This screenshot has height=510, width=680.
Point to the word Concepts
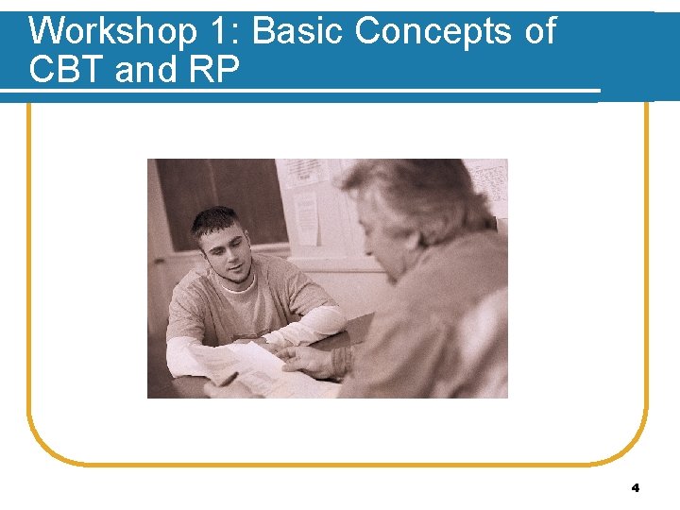434,33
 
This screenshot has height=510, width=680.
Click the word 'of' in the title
539,31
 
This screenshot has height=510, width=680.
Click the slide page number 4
635,488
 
